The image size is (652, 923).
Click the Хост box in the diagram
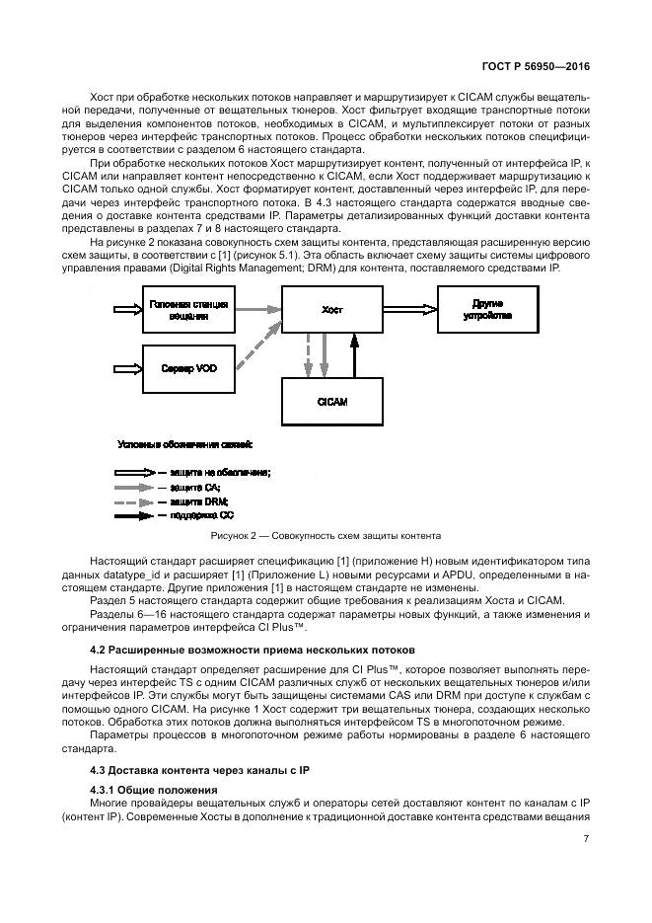[x=331, y=310]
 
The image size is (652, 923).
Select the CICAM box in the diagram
[x=331, y=403]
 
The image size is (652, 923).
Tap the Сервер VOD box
[x=188, y=368]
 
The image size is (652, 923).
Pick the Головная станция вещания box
[x=188, y=310]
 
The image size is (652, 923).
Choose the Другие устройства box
[x=490, y=310]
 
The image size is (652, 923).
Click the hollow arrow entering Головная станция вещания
[x=128, y=309]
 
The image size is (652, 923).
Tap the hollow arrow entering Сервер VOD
[x=128, y=368]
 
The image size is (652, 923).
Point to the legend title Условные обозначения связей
[x=184, y=444]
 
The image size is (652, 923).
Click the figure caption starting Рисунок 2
[x=326, y=536]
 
